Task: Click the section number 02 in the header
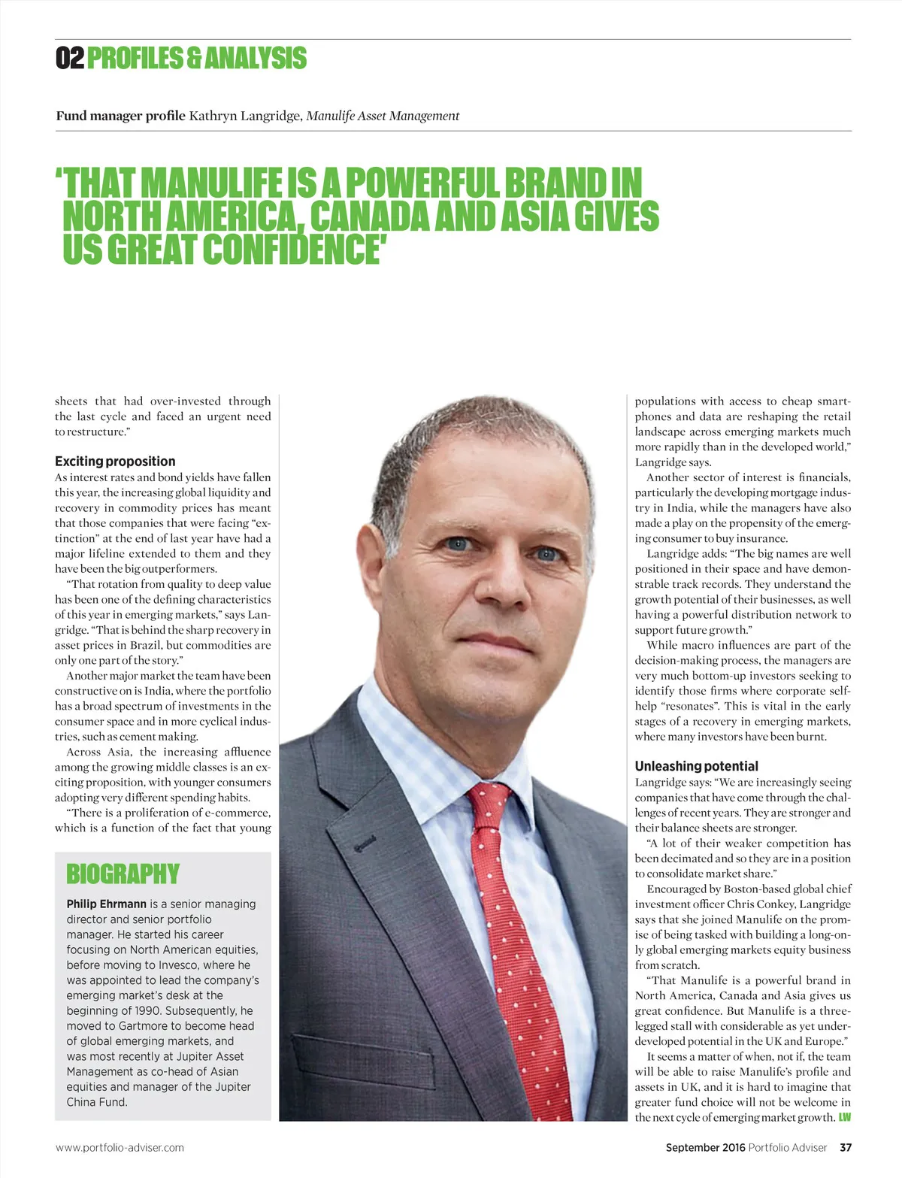click(70, 59)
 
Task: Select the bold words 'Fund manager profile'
click(120, 116)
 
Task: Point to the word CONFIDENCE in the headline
click(292, 250)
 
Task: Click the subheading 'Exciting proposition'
click(115, 462)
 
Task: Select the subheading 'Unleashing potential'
click(696, 766)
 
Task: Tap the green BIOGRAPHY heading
click(123, 874)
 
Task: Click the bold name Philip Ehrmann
click(106, 904)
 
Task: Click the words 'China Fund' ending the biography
click(97, 1102)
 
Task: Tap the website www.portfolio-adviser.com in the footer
click(120, 1147)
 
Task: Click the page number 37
click(846, 1147)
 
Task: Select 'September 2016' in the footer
click(705, 1147)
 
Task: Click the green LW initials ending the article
click(845, 1117)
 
